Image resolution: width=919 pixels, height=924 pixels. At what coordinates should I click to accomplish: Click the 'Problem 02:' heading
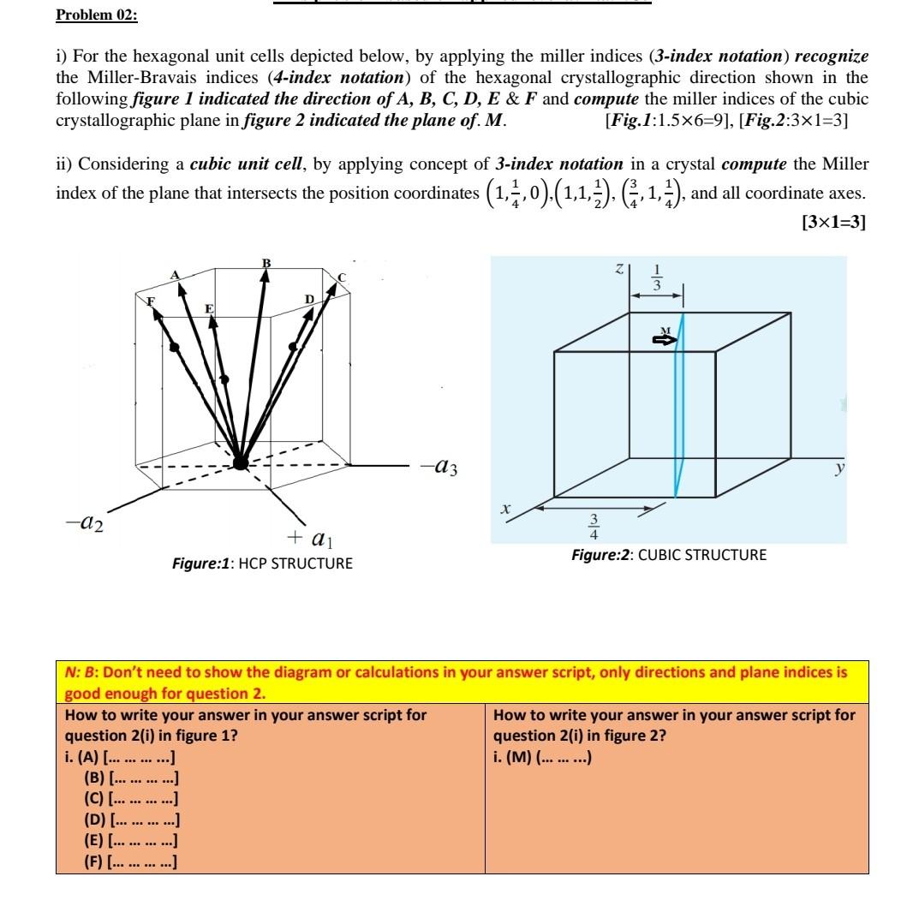[x=96, y=15]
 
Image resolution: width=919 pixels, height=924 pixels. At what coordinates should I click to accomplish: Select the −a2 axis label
[x=83, y=524]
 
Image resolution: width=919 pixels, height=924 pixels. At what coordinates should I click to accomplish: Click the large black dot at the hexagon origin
[x=241, y=462]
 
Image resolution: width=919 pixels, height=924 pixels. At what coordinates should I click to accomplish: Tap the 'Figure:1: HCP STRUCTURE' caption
[x=261, y=563]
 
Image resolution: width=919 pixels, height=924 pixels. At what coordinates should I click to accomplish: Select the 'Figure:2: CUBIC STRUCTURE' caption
[x=669, y=555]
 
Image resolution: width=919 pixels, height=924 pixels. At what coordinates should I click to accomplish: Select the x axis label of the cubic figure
[x=505, y=509]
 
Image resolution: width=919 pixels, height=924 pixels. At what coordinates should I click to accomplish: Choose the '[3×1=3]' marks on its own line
[x=832, y=222]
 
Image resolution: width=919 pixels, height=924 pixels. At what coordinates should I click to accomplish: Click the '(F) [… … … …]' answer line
[x=131, y=861]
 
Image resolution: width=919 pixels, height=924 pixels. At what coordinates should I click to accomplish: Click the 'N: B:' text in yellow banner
[x=83, y=672]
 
